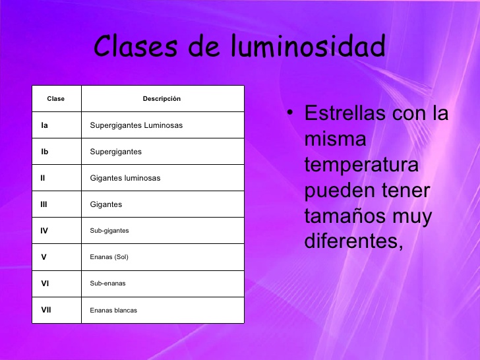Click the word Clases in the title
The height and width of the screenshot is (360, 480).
click(136, 46)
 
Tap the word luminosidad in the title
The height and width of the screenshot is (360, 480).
click(308, 45)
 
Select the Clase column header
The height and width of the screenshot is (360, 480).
click(55, 99)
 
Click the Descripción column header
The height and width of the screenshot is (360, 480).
click(162, 99)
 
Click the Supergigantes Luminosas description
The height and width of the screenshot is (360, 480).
click(136, 125)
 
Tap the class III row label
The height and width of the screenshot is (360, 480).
click(44, 204)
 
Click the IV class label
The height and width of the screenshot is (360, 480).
click(44, 231)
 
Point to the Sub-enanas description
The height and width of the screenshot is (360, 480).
click(107, 283)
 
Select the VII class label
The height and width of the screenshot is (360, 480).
click(46, 310)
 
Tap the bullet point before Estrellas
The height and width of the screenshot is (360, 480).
click(289, 112)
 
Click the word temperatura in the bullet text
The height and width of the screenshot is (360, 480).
click(361, 165)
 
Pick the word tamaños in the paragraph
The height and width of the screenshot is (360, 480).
click(345, 216)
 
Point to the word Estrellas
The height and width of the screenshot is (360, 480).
click(345, 113)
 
